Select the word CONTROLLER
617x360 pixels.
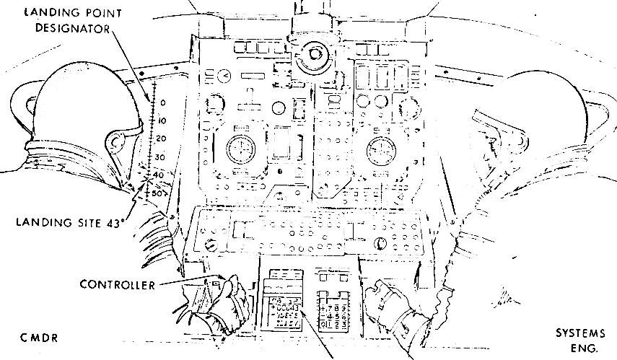click(x=118, y=285)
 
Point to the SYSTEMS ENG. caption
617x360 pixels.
click(x=581, y=340)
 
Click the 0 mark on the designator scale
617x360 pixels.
click(x=164, y=102)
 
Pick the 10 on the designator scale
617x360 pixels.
click(x=162, y=120)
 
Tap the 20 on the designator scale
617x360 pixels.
click(x=162, y=139)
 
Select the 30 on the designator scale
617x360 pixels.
click(x=160, y=157)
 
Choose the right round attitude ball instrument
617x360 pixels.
click(x=380, y=151)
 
